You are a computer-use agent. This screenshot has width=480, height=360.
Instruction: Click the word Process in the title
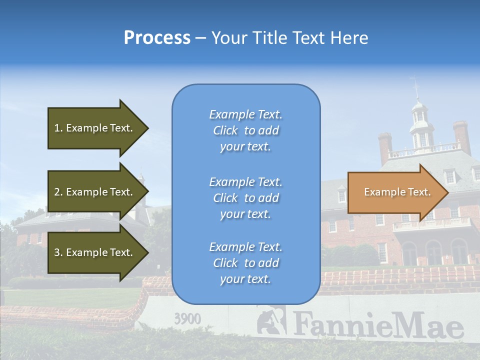(157, 38)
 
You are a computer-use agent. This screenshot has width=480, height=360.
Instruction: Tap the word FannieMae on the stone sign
(377, 326)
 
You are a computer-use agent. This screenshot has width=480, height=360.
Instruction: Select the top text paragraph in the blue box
(245, 130)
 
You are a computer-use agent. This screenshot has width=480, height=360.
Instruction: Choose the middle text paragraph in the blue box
(245, 198)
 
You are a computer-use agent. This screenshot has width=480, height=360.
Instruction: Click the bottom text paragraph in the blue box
(245, 263)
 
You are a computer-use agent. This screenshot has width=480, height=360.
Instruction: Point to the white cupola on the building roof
(420, 125)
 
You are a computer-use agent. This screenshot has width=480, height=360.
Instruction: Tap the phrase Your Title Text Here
(289, 38)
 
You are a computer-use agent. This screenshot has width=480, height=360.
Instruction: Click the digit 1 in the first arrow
(57, 128)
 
